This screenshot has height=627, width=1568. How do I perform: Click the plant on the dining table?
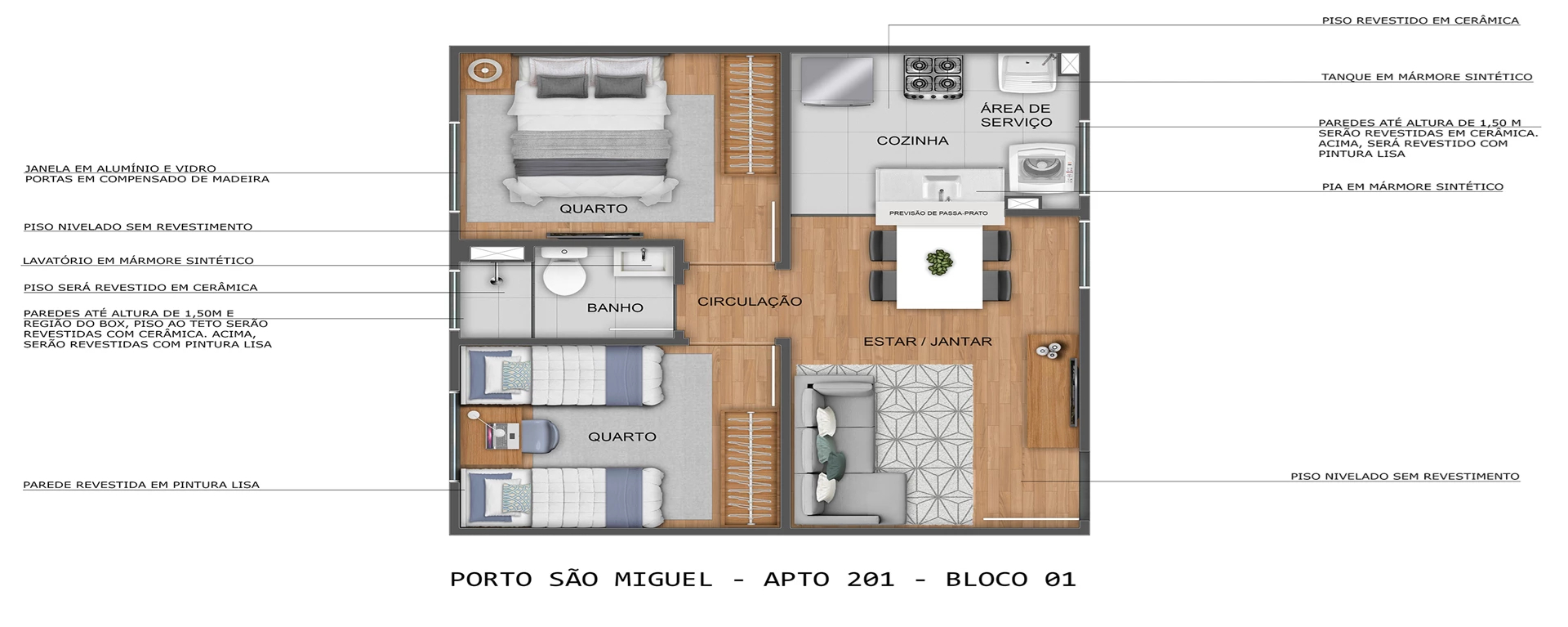coord(939,262)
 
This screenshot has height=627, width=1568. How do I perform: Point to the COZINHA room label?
coord(912,141)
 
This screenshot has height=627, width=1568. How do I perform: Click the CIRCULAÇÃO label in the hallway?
coord(749,302)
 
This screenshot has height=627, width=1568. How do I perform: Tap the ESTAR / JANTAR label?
coord(927,342)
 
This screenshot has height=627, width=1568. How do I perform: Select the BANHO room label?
coord(615,308)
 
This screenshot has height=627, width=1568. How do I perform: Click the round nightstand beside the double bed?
coord(483,70)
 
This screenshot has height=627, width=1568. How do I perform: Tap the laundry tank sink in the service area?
coord(1027,73)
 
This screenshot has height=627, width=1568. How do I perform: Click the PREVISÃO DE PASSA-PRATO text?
coord(938,213)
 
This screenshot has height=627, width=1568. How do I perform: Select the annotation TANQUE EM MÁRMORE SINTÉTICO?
coord(1426,77)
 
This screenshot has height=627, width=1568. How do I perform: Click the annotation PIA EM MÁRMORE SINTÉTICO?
coord(1412,186)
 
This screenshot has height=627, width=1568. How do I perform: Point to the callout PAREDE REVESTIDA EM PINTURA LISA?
coord(141,485)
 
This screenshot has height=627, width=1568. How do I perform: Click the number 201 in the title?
coord(870,580)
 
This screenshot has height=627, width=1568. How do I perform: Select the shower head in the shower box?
coord(494,278)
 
